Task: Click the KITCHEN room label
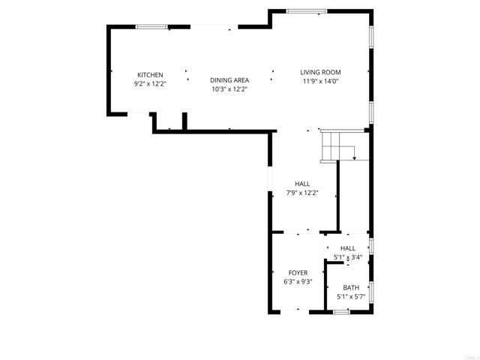pos(150,74)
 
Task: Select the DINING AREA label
pos(229,80)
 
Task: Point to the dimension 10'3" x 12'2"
pos(229,89)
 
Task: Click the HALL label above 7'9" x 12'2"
pos(302,184)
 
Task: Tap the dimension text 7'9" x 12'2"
pos(302,193)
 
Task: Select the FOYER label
pos(298,272)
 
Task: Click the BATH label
pos(351,287)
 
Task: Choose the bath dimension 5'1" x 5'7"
pos(351,296)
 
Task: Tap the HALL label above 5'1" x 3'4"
pos(348,248)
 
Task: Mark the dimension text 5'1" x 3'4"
pos(348,257)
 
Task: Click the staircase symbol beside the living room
pos(337,145)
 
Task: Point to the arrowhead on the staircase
pos(353,159)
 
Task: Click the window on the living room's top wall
pos(307,11)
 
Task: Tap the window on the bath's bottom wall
pos(341,311)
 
